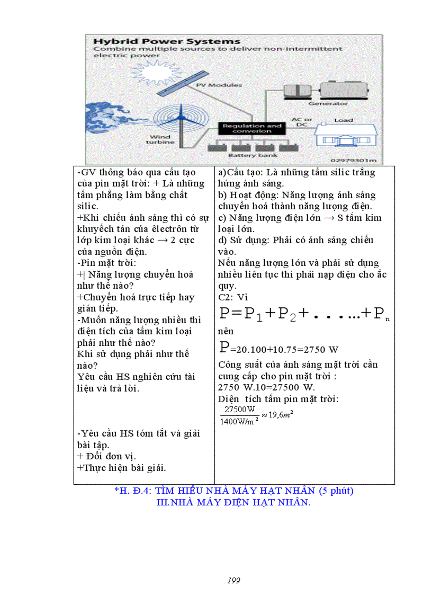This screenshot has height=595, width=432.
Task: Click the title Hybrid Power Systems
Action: click(167, 41)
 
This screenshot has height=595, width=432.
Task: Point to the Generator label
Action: click(328, 104)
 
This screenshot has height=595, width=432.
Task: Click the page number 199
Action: click(234, 580)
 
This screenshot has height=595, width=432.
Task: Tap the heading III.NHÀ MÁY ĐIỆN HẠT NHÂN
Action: click(233, 502)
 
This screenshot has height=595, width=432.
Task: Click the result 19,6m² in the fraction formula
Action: click(281, 414)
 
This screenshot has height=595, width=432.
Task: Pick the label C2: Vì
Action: click(233, 297)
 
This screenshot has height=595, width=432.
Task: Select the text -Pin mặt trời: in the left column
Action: click(106, 263)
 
